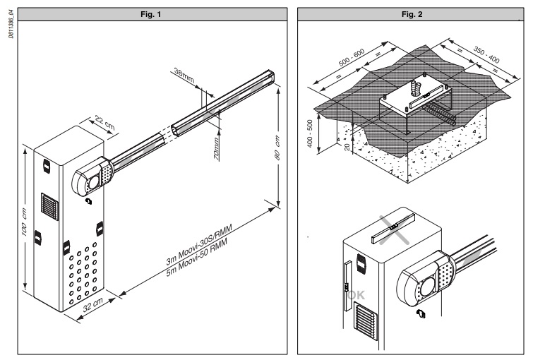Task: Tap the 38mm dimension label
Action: tap(182, 74)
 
